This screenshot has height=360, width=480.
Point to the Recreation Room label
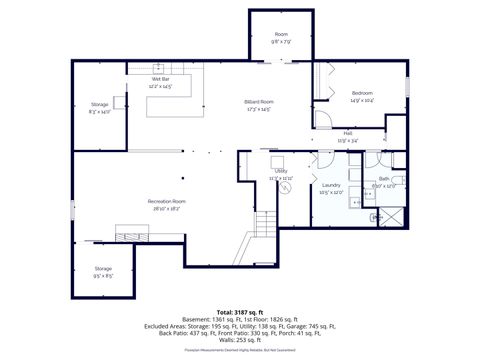[x=167, y=201]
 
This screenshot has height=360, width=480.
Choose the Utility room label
[x=281, y=171]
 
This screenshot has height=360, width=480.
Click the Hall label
[x=347, y=132]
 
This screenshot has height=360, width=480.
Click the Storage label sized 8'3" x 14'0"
[x=100, y=104]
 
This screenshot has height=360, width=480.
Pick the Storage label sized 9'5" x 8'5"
[x=103, y=268]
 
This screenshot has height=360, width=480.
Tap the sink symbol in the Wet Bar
[x=158, y=67]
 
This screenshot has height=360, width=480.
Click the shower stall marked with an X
[x=389, y=214]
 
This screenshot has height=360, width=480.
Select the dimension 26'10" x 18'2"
[x=167, y=208]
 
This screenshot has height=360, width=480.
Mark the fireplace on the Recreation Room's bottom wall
[x=134, y=235]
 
